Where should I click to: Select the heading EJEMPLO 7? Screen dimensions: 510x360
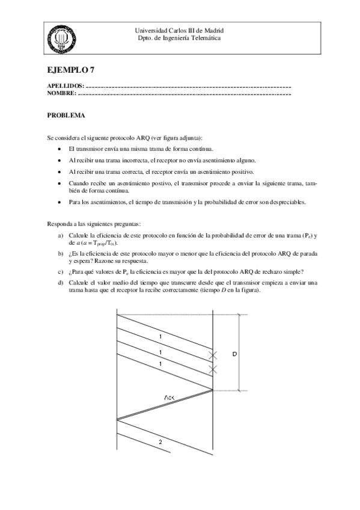69,69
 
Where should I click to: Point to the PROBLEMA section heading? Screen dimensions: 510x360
66,114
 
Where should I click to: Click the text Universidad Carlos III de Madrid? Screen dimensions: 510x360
180,30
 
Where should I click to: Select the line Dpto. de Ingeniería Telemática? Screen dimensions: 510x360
180,37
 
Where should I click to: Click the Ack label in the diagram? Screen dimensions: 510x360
169,399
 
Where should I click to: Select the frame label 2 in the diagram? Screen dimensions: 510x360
160,442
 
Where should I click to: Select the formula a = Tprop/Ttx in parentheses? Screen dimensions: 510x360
94,242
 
